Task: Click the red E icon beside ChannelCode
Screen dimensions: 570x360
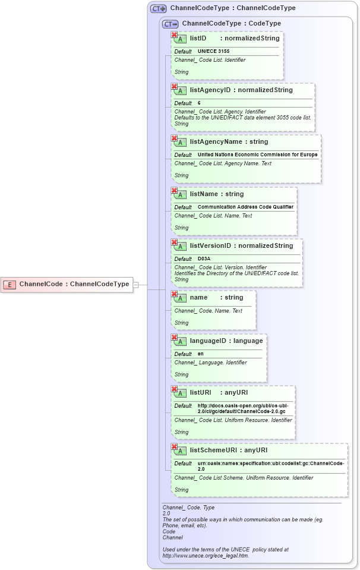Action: coord(10,285)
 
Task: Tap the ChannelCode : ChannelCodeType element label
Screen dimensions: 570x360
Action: coord(74,284)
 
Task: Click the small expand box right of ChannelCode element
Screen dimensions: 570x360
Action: coord(135,285)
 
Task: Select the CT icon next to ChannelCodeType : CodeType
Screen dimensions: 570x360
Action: coord(170,24)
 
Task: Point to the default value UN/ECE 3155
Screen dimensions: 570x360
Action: coord(213,51)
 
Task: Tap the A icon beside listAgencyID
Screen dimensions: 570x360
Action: coord(180,91)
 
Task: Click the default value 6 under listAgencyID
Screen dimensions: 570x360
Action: coord(199,103)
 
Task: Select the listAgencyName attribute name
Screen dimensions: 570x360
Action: coord(212,142)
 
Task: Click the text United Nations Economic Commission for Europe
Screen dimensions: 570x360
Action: coord(257,155)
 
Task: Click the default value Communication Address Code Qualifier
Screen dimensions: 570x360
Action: coord(245,207)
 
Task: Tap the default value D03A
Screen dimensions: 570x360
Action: coord(204,259)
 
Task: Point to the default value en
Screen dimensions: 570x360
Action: coord(201,354)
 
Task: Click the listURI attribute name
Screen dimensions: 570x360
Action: coord(201,393)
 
